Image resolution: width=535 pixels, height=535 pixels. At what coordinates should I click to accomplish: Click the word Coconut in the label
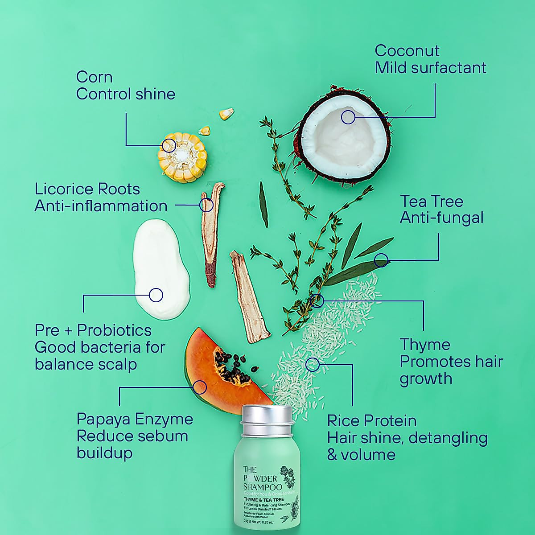tap(407, 51)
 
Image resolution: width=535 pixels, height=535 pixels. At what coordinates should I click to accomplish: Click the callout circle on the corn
tap(169, 145)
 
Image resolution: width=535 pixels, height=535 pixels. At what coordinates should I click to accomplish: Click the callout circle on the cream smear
tap(156, 294)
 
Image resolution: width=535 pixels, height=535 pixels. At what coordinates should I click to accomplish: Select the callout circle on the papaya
tap(200, 387)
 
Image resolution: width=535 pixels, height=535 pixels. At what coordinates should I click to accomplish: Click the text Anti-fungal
tap(441, 218)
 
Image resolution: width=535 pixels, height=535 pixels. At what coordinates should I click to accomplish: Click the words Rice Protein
tap(372, 420)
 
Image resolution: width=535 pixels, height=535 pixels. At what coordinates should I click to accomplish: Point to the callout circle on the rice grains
tap(313, 364)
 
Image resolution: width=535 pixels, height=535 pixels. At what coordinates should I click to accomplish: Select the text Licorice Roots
tap(87, 189)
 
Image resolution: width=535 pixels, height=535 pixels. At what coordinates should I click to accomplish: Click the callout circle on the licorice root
tap(206, 205)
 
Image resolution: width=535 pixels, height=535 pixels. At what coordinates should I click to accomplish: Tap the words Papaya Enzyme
tap(135, 419)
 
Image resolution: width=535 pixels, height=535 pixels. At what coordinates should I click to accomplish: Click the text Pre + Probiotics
tap(93, 330)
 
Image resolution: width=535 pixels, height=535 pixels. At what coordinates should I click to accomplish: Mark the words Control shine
tap(125, 94)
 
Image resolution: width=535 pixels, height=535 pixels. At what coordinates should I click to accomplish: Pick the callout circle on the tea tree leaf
tap(381, 260)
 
